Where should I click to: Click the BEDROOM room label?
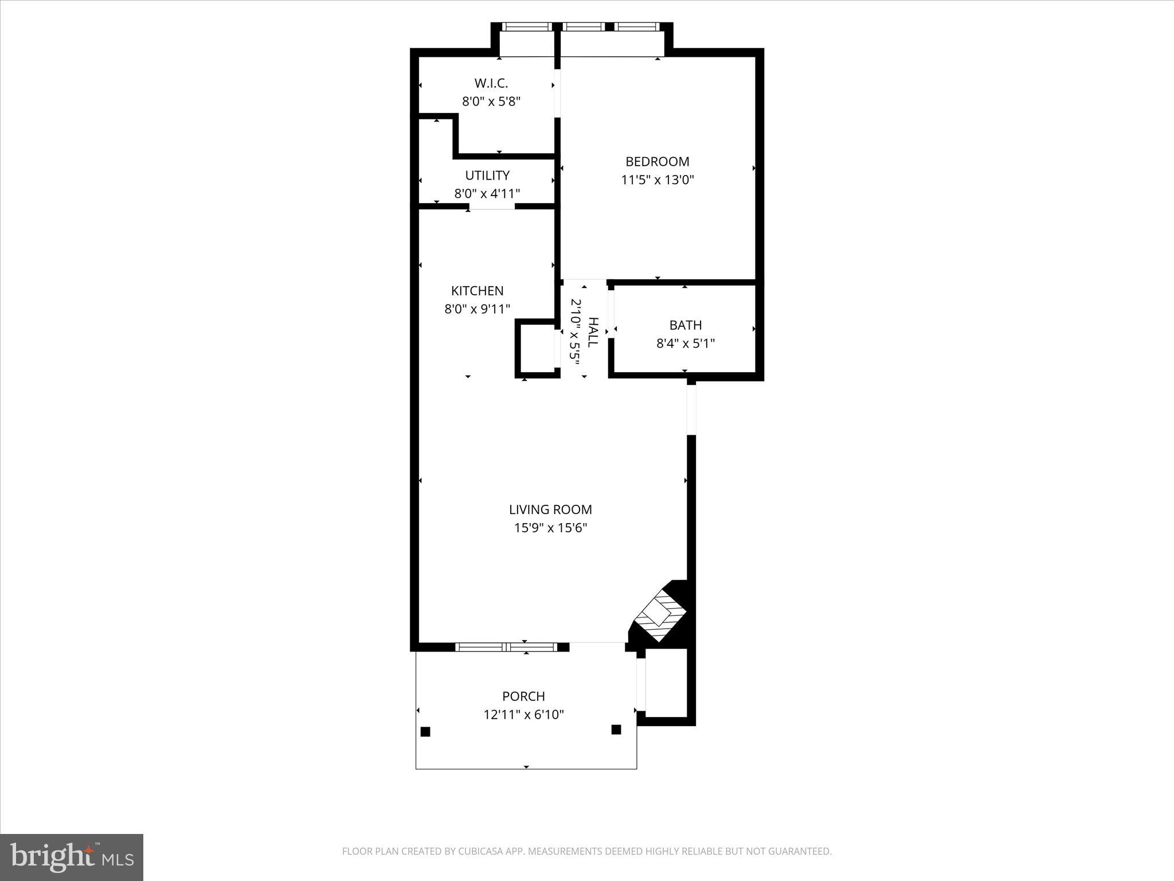point(657,162)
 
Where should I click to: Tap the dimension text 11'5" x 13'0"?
point(658,180)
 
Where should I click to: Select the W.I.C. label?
point(491,84)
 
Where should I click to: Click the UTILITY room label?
point(487,176)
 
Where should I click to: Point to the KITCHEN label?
point(477,291)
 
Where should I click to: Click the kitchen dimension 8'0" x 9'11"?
point(477,309)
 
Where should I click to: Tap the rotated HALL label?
point(593,332)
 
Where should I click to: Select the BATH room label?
point(686,325)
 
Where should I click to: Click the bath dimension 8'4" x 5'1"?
point(686,344)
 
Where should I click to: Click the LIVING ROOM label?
point(550,509)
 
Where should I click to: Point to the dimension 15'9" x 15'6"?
point(550,528)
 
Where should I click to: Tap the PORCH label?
point(523,696)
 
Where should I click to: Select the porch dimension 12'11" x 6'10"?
point(523,715)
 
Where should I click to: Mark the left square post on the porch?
point(425,731)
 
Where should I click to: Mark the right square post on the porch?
point(616,730)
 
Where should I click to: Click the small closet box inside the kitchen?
point(537,348)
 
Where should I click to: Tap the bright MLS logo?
point(72,857)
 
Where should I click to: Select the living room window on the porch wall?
point(506,647)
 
